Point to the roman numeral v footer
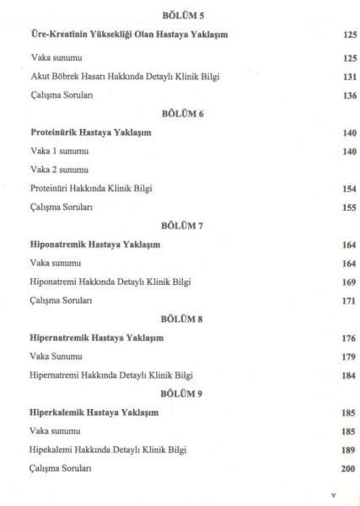[334, 498]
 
